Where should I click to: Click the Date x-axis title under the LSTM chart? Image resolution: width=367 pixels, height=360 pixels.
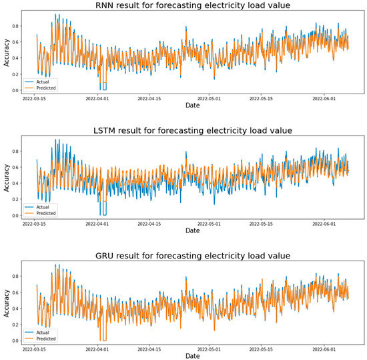[192, 230]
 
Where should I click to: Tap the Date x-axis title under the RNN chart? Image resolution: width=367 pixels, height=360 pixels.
[192, 105]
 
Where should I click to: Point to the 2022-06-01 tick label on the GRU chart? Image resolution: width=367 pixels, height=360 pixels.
[325, 347]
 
